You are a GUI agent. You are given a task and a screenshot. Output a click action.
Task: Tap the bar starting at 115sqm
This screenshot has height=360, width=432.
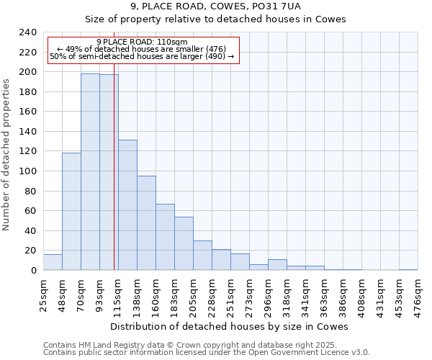point(127,204)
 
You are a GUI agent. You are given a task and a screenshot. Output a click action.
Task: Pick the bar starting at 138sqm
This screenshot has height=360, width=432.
point(146,223)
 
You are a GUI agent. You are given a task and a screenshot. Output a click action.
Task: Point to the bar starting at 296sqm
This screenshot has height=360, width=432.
point(277,265)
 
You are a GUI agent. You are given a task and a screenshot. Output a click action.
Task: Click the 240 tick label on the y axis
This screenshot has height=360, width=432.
point(27,32)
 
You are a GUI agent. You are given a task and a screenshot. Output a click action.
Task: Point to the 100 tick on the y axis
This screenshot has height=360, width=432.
point(27,171)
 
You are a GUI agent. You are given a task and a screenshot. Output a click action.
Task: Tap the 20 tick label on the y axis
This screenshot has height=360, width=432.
point(30,251)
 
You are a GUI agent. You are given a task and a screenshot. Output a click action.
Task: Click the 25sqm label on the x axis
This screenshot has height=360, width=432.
point(43,293)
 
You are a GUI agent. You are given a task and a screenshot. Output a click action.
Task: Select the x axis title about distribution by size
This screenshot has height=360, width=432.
point(230,326)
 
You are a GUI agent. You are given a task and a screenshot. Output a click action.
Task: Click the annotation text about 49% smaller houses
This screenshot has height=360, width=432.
point(142,49)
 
